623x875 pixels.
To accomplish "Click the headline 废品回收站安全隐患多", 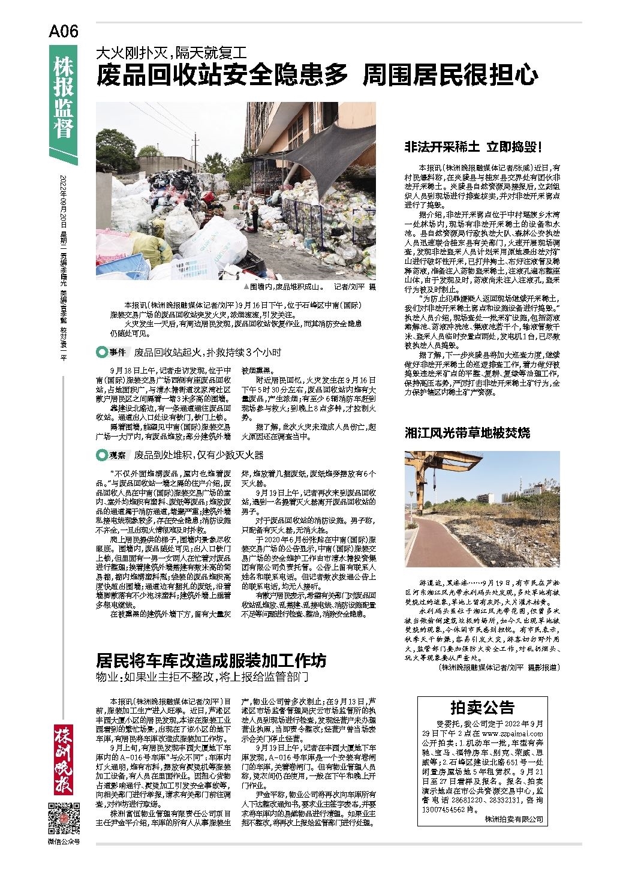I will pos(223,76).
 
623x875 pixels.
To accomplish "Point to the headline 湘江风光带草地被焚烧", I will pos(468,432).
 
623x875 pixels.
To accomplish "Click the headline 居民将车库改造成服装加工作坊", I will pos(212,660).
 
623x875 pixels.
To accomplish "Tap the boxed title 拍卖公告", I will pos(482,707).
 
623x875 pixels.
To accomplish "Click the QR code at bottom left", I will pos(63,819).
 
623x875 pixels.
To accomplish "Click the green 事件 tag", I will pos(112,352).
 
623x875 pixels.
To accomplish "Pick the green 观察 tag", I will pos(112,456).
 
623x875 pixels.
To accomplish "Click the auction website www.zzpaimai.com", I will pos(512,733).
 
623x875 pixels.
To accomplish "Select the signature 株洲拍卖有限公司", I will pos(514,818).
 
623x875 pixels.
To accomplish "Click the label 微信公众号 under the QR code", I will pos(63,841).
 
